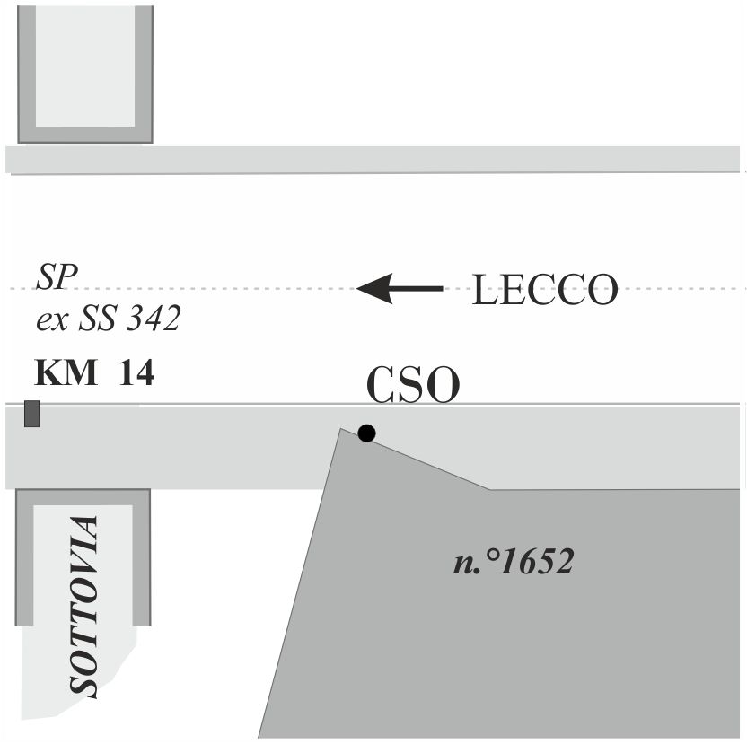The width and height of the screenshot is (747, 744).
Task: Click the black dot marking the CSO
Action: pos(366,433)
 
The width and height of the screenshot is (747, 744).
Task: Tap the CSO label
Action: pos(413,385)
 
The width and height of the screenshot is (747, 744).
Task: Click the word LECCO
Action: pos(545,290)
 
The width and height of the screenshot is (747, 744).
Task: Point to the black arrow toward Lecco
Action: pos(400,289)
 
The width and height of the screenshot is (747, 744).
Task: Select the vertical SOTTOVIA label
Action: pos(84,607)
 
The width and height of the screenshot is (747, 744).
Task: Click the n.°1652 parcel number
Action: pos(514,561)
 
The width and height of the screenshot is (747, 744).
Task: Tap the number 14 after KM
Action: pos(136,372)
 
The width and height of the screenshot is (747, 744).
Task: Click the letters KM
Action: pos(66,372)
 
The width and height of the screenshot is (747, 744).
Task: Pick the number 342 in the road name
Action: pos(154,318)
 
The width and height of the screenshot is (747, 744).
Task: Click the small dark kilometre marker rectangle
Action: pos(32,414)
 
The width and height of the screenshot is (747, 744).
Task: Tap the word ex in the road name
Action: pos(52,321)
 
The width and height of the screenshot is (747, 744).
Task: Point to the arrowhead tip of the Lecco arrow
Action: pos(356,289)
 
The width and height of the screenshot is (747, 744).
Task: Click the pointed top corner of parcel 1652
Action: pos(340,428)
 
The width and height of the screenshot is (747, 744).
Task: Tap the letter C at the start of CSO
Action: pos(382,385)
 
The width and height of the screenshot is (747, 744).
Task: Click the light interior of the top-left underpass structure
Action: pos(85,66)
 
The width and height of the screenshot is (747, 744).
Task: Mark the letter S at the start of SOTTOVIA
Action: pos(84,685)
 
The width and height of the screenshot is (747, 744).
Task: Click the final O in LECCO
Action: pos(602,290)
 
